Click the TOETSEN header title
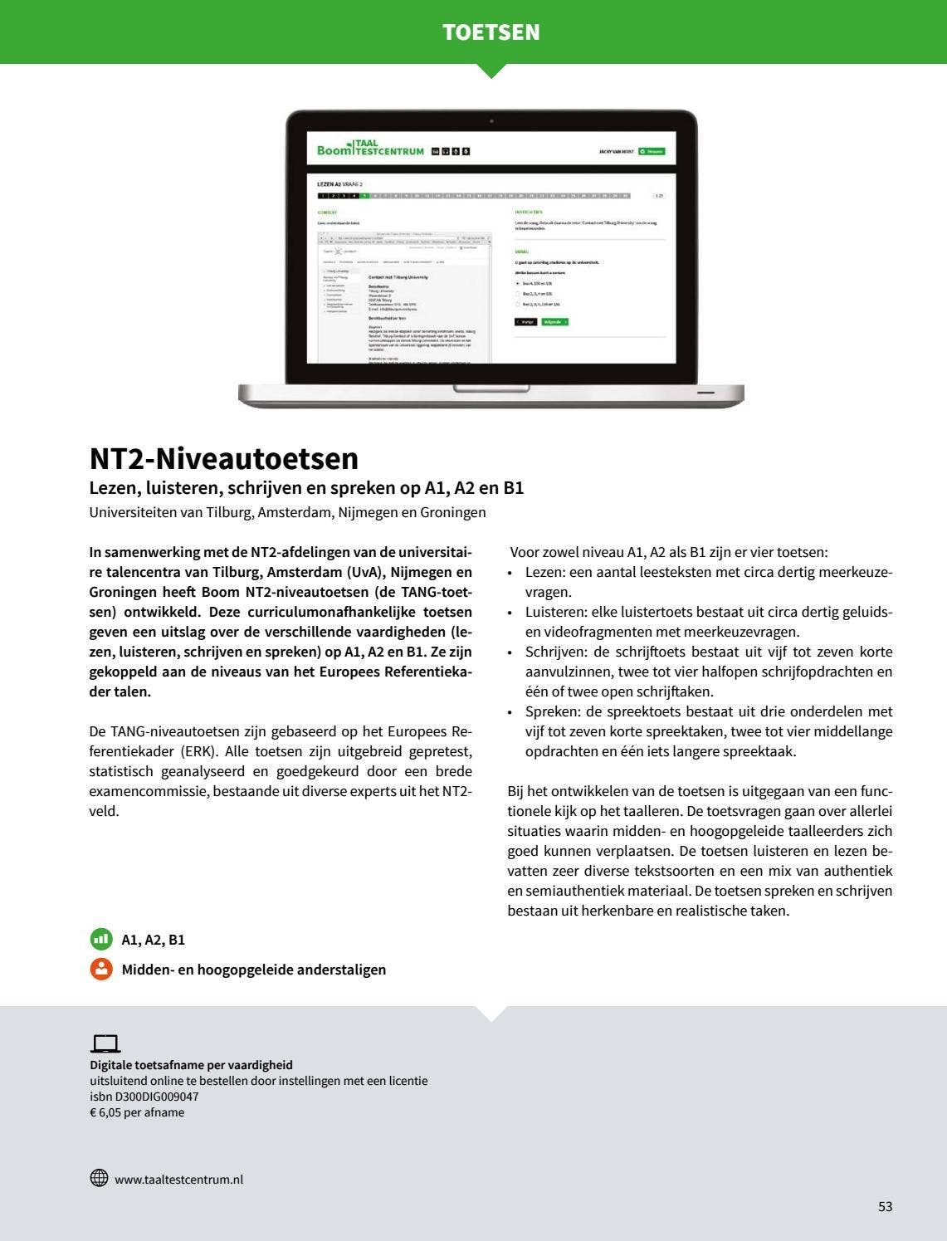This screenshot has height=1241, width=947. tap(491, 32)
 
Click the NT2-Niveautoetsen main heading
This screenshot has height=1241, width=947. tap(224, 458)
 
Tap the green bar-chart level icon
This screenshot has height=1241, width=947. tap(101, 940)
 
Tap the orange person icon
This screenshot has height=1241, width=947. tap(101, 969)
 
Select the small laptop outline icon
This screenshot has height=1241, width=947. tap(105, 1044)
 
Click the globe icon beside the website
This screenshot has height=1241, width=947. tap(99, 1178)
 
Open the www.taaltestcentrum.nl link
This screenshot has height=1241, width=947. tap(178, 1180)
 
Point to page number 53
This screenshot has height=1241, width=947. tap(885, 1206)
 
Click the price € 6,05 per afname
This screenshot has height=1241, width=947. tap(137, 1112)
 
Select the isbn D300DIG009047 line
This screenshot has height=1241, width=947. tap(144, 1097)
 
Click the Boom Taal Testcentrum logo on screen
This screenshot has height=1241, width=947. tap(370, 149)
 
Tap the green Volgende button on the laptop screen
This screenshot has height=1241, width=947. tap(554, 321)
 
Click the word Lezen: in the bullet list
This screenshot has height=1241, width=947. tap(545, 572)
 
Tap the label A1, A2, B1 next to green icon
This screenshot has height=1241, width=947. tap(154, 940)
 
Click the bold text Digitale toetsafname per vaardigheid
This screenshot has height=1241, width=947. tap(191, 1065)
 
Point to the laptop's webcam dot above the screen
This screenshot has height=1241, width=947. tap(491, 121)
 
